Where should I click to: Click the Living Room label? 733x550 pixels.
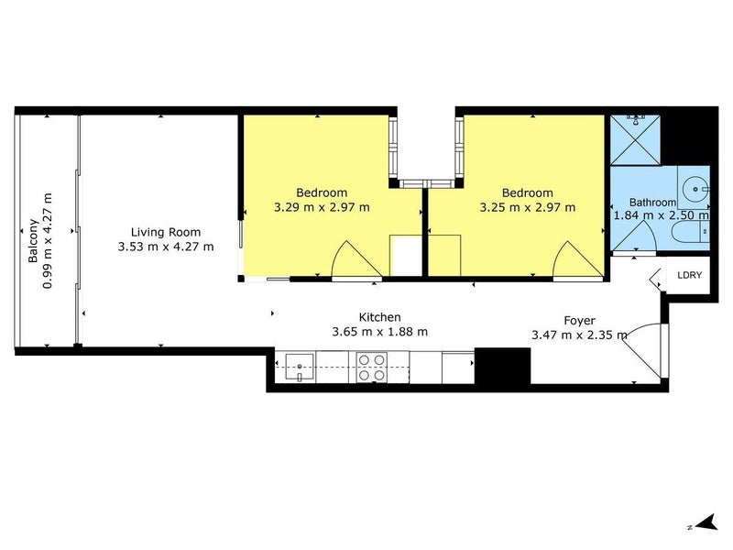point(166,232)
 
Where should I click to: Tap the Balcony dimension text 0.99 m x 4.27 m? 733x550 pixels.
point(48,240)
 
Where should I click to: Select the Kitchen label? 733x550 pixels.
point(379,317)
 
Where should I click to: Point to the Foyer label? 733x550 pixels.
point(579,320)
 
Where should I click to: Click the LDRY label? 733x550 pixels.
point(690,275)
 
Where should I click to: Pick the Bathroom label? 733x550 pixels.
point(652,202)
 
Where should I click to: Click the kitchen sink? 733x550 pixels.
point(300,368)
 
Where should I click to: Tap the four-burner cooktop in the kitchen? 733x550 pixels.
point(371,368)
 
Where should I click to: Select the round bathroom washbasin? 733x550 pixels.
point(695,190)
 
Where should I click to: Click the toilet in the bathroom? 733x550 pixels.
point(691,232)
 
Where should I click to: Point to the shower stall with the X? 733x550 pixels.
point(635,140)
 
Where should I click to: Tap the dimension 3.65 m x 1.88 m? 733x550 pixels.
point(379,332)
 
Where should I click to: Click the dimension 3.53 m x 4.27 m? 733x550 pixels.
point(166,247)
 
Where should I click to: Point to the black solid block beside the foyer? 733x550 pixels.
point(502,366)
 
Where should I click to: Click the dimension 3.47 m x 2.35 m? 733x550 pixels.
point(579,335)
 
